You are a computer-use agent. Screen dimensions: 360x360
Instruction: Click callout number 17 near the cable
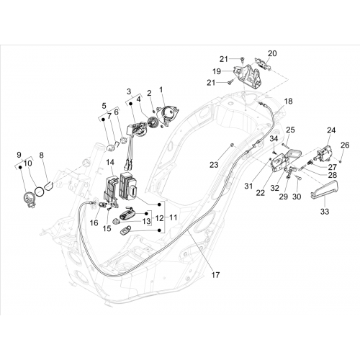tap(215, 275)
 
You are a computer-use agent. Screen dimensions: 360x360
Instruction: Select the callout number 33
tap(325, 212)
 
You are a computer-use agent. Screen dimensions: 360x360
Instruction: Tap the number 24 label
tap(331, 130)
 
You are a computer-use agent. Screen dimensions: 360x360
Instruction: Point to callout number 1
tap(161, 90)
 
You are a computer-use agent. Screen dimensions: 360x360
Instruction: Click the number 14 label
tap(110, 162)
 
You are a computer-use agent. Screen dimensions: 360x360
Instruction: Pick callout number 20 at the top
tap(272, 53)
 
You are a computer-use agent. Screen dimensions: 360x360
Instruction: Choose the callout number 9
tap(19, 155)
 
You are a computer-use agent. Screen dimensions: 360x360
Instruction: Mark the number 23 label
tap(214, 165)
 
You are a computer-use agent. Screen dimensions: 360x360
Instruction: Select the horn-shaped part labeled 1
tap(168, 114)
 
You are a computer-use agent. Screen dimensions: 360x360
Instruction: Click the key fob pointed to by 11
tap(125, 230)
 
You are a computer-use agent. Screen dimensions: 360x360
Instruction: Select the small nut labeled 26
tap(341, 162)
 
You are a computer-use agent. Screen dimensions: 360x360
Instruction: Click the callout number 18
tap(289, 102)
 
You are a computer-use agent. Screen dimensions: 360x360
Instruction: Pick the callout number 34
tap(274, 139)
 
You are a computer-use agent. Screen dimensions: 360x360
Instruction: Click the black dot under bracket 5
tap(104, 120)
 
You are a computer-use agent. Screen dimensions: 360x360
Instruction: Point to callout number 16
tap(94, 223)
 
